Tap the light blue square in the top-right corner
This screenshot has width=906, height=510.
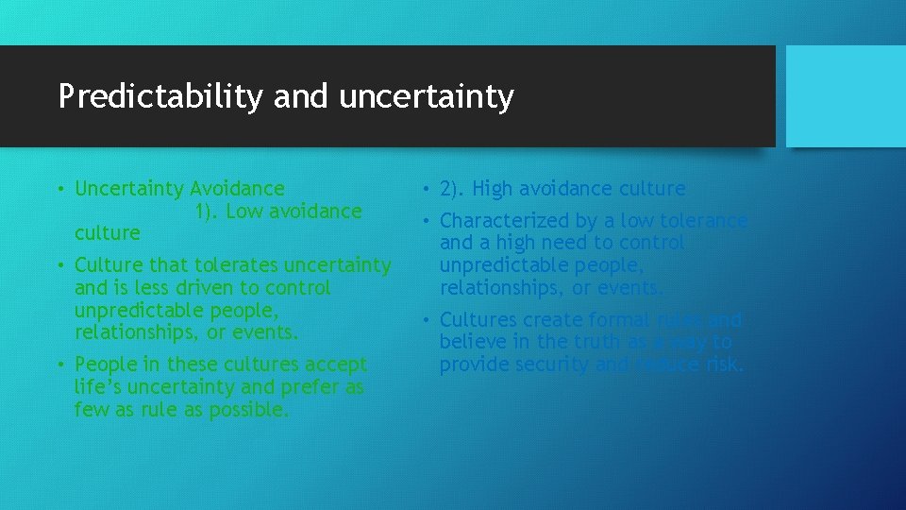point(846,96)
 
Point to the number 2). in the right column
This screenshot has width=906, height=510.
point(453,189)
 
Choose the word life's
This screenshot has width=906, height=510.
point(98,387)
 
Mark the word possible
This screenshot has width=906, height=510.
point(247,410)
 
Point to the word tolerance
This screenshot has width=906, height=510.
point(702,221)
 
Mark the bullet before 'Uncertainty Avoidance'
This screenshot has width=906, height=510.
point(59,190)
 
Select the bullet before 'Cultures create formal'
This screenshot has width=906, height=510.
point(425,320)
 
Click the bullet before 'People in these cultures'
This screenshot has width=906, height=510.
point(59,365)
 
